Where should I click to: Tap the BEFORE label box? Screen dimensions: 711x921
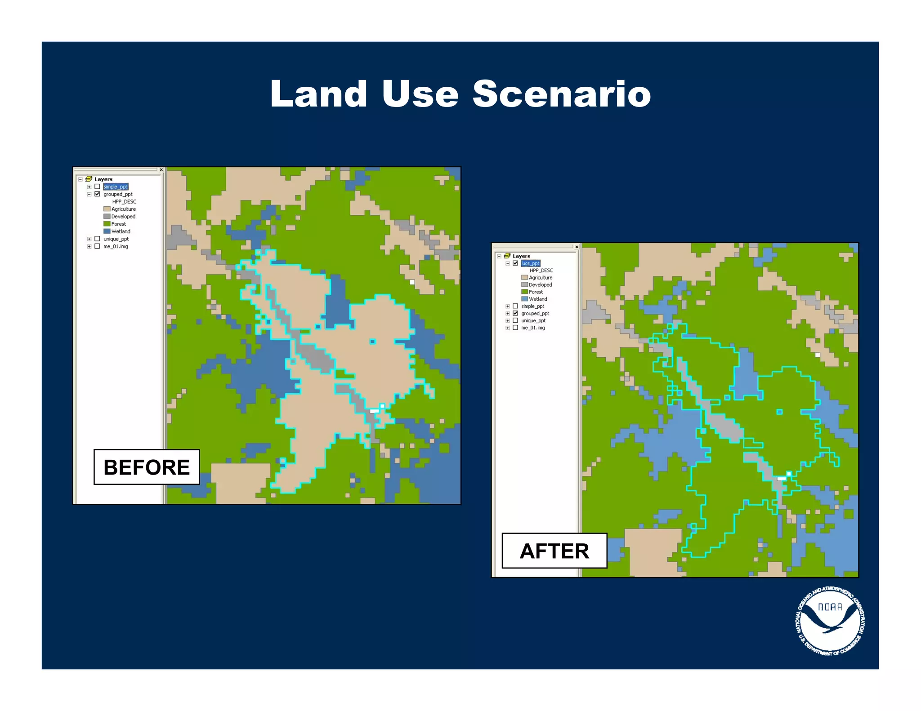147,467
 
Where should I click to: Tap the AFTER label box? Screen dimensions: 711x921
554,551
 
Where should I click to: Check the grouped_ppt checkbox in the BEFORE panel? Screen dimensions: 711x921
97,194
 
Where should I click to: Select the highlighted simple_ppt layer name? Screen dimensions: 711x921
116,187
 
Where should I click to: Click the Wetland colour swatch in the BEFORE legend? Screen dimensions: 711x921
107,231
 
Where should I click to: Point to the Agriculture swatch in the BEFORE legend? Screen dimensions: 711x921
107,209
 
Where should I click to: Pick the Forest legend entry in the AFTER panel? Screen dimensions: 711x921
536,292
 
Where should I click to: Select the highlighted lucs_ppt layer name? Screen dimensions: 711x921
530,263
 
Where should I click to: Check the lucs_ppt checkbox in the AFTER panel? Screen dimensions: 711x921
515,263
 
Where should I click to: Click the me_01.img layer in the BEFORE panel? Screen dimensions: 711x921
116,246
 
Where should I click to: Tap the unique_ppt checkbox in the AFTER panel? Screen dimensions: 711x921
515,320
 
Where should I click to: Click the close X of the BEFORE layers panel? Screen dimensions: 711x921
161,170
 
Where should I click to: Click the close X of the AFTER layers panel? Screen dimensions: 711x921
577,247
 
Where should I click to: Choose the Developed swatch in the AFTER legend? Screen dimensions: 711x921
524,284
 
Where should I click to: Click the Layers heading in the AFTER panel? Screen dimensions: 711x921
521,256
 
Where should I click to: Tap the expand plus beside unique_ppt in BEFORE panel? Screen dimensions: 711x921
89,239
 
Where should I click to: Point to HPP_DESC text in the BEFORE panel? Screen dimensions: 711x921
124,202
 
